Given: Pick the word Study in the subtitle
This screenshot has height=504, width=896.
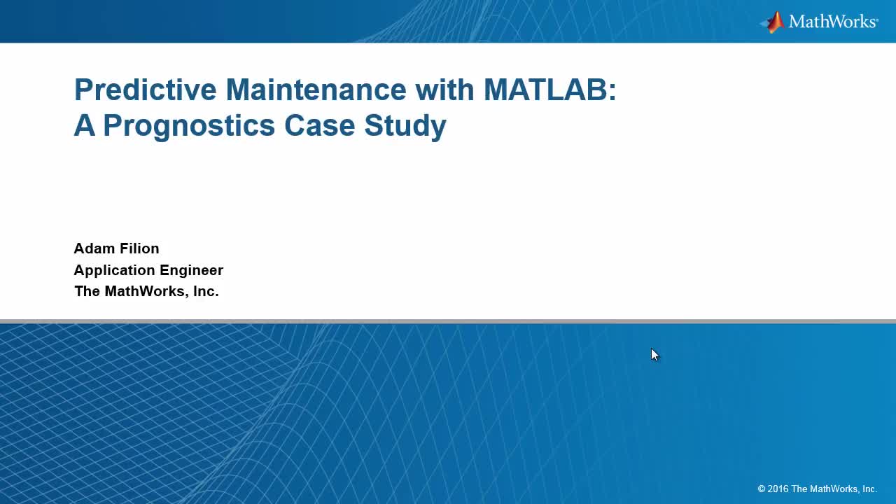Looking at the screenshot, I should pos(405,126).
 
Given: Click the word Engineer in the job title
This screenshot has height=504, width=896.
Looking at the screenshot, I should pos(191,270).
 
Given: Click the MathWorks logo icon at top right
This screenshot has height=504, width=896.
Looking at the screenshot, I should pos(773,22).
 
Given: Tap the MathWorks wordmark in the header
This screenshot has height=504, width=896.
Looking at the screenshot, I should pos(832,22).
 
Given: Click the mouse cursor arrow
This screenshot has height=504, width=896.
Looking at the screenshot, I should pos(654,354).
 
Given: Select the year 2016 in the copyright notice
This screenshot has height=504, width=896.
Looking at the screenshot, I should pos(778,489).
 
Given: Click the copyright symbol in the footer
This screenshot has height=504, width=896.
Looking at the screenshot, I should pos(762,489).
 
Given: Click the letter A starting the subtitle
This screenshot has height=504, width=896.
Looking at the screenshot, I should pos(84,126).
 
